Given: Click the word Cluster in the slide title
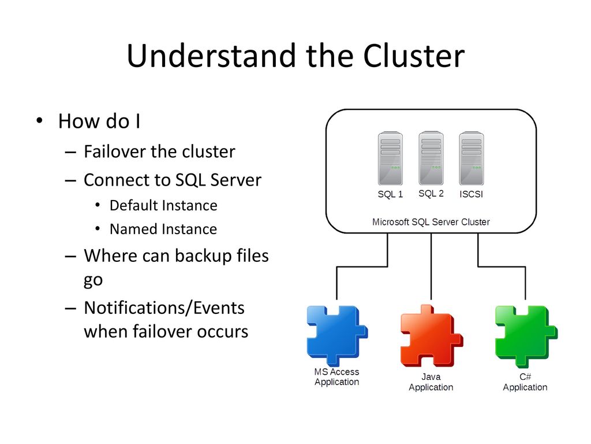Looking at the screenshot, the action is coord(414,55).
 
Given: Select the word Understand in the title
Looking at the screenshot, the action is coord(211,55).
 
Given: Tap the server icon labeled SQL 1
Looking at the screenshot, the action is coord(390,158).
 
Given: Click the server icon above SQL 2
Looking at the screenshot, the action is coord(431,158).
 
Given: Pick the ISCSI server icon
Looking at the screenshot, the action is coord(472,158).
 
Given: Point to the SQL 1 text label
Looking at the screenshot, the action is coord(390,194).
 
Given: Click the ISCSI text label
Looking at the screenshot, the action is coord(471,194).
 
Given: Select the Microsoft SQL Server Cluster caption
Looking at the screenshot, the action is coord(431,222).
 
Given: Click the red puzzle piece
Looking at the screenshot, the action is coord(431,335).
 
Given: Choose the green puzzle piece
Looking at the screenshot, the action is coord(526,336).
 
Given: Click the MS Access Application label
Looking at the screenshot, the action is coord(336,377).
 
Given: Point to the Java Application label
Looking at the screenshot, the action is coord(431,382).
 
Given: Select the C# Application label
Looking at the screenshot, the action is coord(525,382).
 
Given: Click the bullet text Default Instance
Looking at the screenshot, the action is coord(163,206).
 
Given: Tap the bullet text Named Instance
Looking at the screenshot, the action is coord(163,229).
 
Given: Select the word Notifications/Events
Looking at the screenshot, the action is coord(164,308).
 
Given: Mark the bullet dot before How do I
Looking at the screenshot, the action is coord(39,121).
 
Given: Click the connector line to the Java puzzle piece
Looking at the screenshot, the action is coord(431,267).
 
